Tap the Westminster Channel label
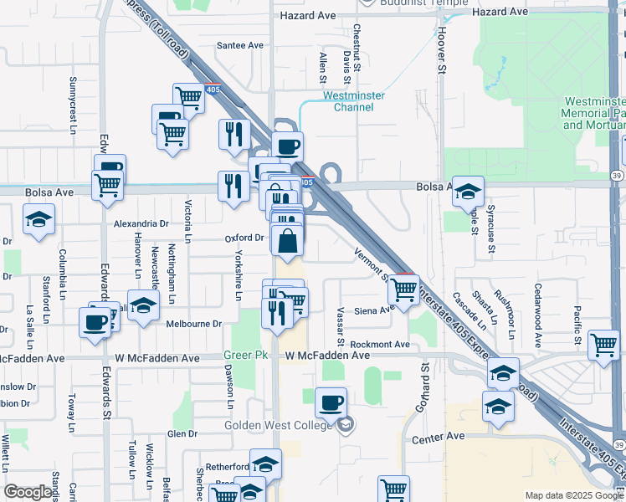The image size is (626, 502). click(x=354, y=101)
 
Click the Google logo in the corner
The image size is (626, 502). click(x=28, y=492)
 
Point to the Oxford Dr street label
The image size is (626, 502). click(x=244, y=238)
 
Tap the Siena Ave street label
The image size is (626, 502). click(x=373, y=310)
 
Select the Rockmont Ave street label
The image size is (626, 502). click(x=380, y=344)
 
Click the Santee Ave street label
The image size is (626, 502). click(x=240, y=45)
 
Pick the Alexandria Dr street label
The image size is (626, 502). click(x=141, y=223)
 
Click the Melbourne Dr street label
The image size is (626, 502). click(x=193, y=324)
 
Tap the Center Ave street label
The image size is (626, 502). click(x=438, y=437)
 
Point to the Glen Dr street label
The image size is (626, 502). click(x=182, y=433)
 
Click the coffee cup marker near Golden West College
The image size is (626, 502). click(x=331, y=402)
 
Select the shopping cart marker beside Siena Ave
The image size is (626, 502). click(x=404, y=289)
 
